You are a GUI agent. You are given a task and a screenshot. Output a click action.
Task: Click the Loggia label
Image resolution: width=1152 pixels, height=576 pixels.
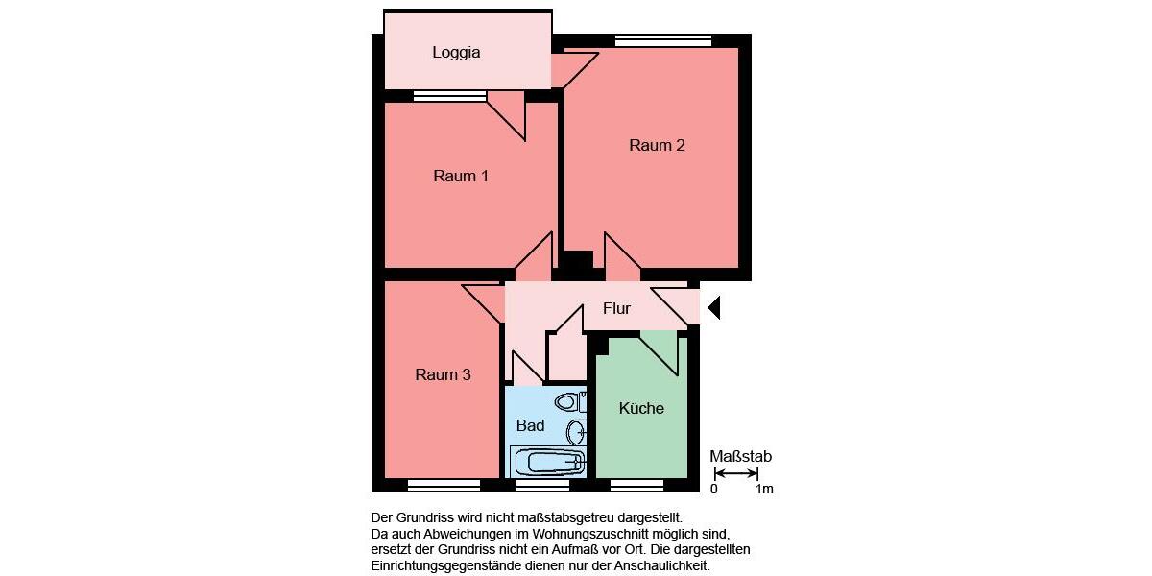(456, 53)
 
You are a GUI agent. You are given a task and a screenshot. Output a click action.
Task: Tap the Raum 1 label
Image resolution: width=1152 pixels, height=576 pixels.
(461, 176)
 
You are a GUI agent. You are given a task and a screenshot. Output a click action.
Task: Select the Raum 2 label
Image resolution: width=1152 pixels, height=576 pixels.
(657, 146)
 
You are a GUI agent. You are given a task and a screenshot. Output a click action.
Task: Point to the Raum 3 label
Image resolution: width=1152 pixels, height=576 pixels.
(443, 374)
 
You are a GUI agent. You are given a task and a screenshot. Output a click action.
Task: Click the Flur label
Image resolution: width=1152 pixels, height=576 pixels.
(616, 309)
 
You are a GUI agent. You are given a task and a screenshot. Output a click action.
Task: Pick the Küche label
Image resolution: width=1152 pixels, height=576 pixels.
(641, 408)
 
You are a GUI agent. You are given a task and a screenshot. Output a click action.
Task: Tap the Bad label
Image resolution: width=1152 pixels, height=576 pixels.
(530, 425)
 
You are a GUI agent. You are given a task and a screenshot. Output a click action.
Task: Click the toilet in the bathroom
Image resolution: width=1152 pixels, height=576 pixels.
(571, 401)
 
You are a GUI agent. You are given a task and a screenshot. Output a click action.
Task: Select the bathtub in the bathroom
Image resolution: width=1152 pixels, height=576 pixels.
(548, 462)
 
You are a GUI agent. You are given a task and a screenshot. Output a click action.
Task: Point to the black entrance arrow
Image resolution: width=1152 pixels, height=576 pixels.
(713, 308)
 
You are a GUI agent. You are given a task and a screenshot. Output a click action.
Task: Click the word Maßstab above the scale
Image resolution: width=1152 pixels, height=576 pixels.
(740, 457)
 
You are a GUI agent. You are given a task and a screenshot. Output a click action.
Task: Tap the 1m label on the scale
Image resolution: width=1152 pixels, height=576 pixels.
(764, 490)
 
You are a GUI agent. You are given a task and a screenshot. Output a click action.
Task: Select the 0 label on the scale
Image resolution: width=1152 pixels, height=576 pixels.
(713, 490)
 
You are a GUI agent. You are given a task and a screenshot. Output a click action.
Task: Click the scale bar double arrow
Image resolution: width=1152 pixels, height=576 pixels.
(736, 473)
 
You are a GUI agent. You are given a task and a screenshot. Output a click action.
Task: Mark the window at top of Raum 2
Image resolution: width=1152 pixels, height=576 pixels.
(663, 40)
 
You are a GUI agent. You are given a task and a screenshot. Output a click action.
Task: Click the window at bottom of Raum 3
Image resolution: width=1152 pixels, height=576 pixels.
(444, 485)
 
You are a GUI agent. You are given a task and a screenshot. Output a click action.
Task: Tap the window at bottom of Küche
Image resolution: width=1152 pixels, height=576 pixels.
(637, 485)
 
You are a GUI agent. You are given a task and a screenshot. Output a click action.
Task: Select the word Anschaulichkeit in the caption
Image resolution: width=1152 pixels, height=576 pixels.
(661, 566)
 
